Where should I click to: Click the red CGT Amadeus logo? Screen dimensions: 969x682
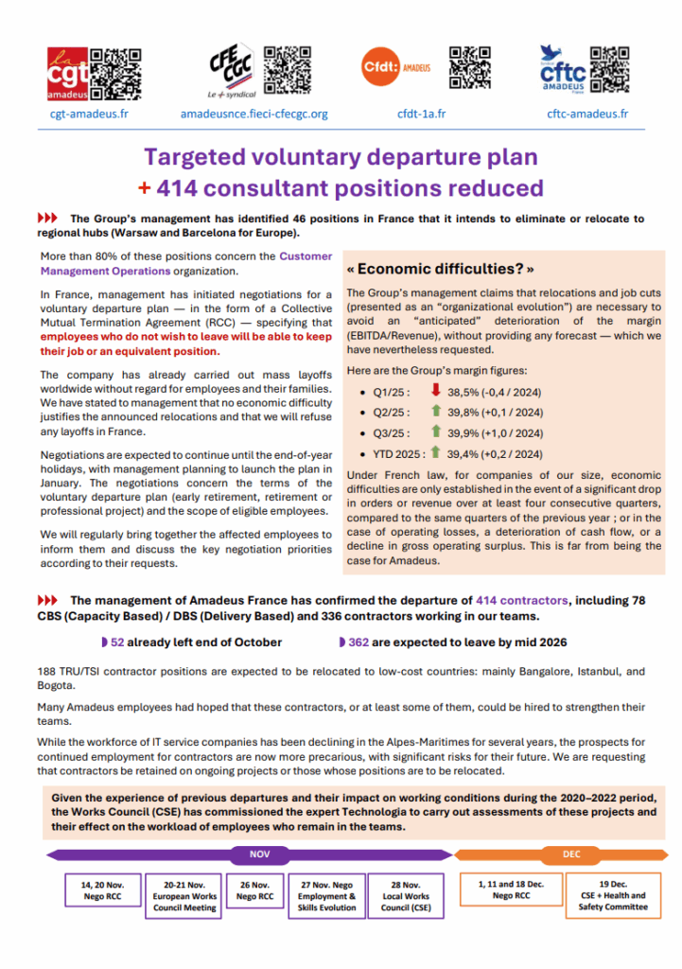[69, 72]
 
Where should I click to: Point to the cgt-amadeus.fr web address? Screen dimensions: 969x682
[89, 114]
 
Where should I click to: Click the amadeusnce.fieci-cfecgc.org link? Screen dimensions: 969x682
[254, 114]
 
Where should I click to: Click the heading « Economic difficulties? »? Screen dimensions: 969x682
[446, 268]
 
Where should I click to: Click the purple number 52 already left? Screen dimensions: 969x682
[117, 643]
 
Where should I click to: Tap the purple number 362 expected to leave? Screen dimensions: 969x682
[358, 643]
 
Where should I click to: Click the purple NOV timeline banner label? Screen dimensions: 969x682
[260, 854]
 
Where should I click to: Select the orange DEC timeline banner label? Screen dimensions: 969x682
[571, 854]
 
